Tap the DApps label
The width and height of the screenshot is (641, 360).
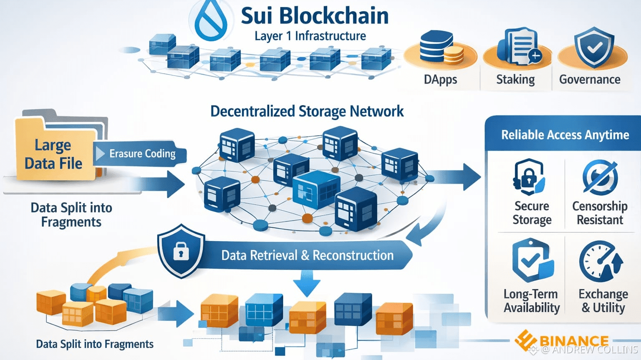(x=440, y=79)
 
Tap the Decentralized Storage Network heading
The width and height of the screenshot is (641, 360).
(x=307, y=111)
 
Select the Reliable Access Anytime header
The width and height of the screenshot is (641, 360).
(x=565, y=135)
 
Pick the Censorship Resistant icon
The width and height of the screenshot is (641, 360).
(x=600, y=177)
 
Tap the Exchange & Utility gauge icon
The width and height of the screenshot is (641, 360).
(x=601, y=262)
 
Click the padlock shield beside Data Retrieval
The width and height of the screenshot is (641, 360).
(x=181, y=251)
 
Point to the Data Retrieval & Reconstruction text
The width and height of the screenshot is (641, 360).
(x=307, y=255)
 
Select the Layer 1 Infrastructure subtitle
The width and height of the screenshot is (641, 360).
(x=310, y=36)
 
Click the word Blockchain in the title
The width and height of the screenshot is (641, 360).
(x=333, y=16)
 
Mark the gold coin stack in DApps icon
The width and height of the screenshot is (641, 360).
(x=453, y=55)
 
